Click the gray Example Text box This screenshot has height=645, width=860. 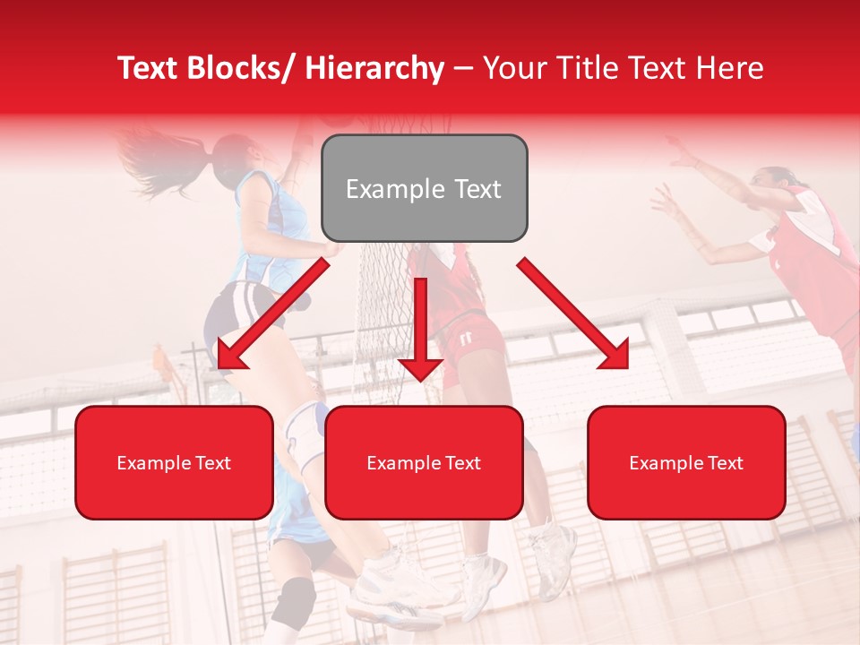424,188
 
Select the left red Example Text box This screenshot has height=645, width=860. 174,462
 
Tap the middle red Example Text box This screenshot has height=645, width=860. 424,462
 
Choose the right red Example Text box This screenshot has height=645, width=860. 686,462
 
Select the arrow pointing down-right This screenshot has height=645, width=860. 573,314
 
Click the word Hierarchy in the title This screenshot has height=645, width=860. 374,68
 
